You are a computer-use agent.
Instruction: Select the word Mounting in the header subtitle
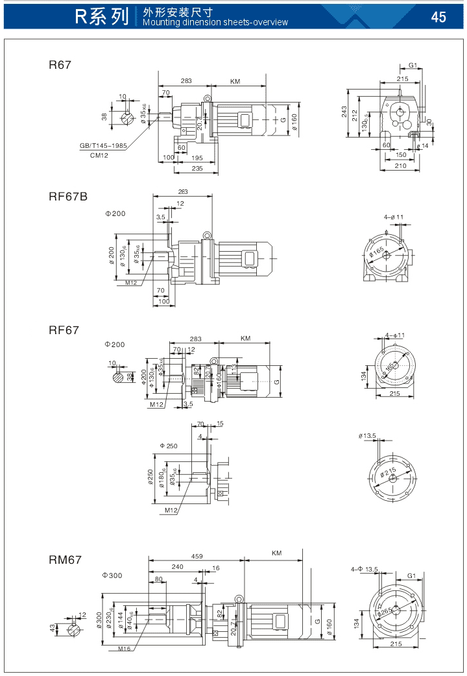tap(159, 22)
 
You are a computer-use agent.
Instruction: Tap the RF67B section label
tap(67, 197)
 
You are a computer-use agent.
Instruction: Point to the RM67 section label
tap(65, 559)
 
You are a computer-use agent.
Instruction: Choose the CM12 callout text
tap(99, 155)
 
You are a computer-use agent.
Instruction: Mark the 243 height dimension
tap(345, 113)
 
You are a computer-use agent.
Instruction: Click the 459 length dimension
tap(197, 556)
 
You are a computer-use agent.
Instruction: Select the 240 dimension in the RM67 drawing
tap(176, 566)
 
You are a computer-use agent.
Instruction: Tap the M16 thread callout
tap(124, 648)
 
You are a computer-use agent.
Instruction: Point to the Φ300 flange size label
tap(112, 575)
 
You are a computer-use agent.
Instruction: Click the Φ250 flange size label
tap(168, 446)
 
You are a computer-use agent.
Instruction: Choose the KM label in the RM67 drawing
tap(276, 553)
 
